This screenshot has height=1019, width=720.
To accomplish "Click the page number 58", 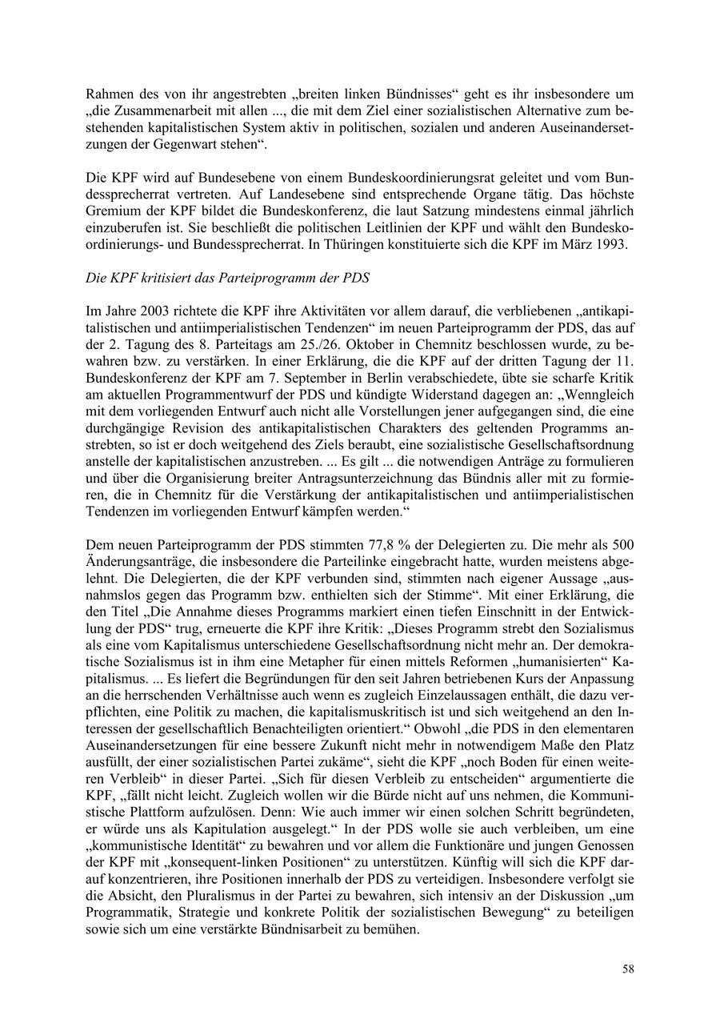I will click(628, 969).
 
